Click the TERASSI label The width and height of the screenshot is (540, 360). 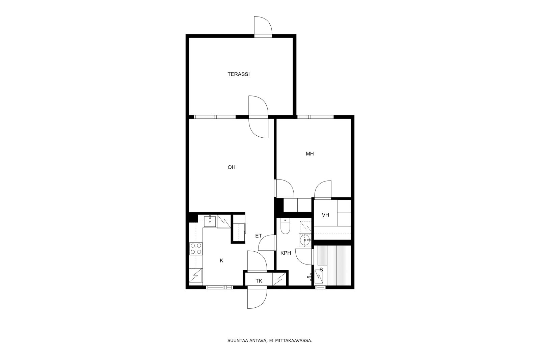tap(238, 74)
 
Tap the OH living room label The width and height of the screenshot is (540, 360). tap(232, 167)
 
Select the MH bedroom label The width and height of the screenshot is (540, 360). tap(310, 154)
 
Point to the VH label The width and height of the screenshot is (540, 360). tap(325, 215)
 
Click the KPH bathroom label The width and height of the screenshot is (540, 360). tap(286, 253)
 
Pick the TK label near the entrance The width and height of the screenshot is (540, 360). tap(259, 281)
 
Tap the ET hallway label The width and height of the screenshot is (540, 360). tap(259, 236)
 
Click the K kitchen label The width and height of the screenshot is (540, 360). tap(221, 260)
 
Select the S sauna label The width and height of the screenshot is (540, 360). tap(321, 270)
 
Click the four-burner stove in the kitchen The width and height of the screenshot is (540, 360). tap(196, 249)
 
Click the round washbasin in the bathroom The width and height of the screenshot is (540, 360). tap(305, 240)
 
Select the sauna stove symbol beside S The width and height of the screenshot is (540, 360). tap(319, 276)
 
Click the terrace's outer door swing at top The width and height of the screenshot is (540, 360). tap(263, 26)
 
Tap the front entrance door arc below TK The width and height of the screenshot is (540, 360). tap(257, 299)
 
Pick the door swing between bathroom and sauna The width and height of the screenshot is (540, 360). tap(303, 257)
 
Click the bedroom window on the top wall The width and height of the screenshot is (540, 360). tap(315, 117)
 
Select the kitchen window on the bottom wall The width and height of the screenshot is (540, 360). tap(219, 287)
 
